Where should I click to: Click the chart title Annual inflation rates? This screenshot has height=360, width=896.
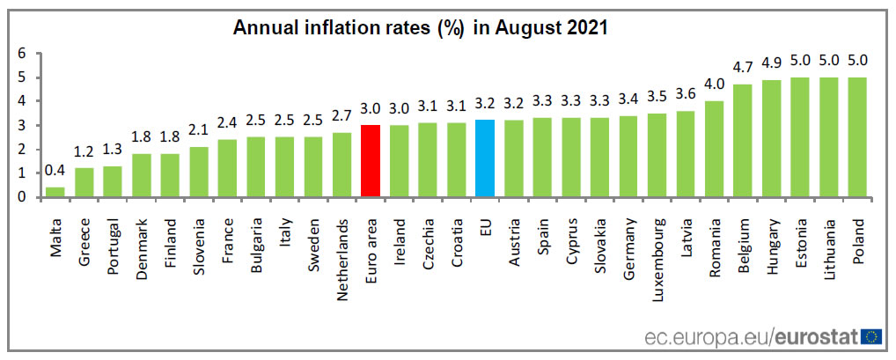(x=420, y=27)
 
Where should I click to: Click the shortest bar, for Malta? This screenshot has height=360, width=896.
(x=55, y=192)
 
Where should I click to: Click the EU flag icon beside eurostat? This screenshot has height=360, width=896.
(x=872, y=336)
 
